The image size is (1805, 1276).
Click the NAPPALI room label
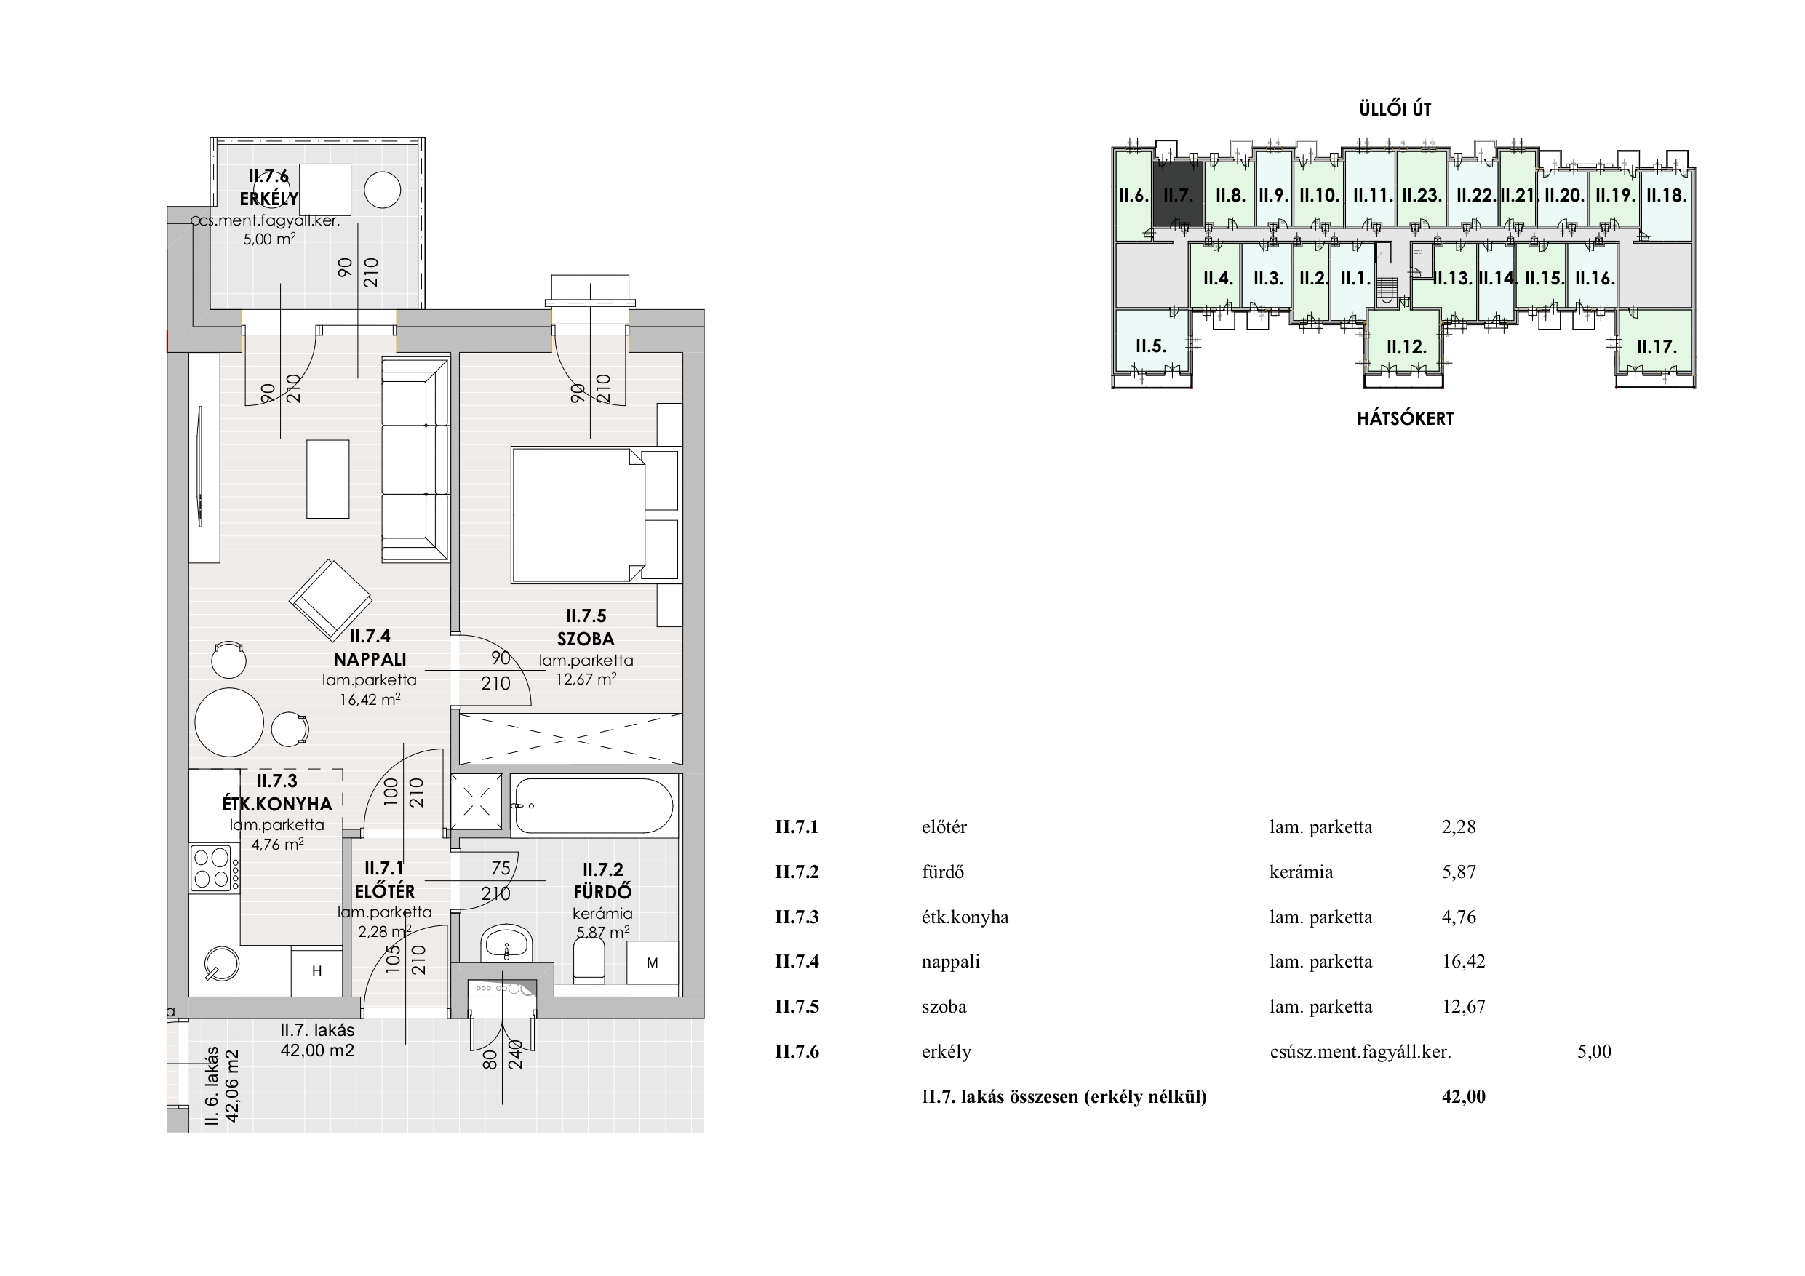point(370,659)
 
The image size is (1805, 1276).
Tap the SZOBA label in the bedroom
point(586,639)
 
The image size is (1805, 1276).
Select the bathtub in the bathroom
point(594,805)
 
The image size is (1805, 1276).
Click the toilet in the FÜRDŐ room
point(589,962)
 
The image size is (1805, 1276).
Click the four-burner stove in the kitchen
point(212,867)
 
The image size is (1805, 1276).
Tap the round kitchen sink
point(221,963)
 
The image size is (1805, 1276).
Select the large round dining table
point(228,722)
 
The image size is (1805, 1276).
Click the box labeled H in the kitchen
point(316,971)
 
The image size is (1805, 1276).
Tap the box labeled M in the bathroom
point(653,962)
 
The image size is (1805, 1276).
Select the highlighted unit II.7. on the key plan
point(1178,194)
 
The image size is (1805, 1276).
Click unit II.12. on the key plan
point(1406,346)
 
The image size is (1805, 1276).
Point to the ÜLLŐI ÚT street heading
point(1395,109)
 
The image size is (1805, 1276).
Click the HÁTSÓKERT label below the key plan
point(1406,418)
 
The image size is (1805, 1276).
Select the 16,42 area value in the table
point(1464,962)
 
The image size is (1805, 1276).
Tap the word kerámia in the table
point(1301,872)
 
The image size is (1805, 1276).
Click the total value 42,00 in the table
point(1464,1097)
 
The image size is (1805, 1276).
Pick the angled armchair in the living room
point(331,600)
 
